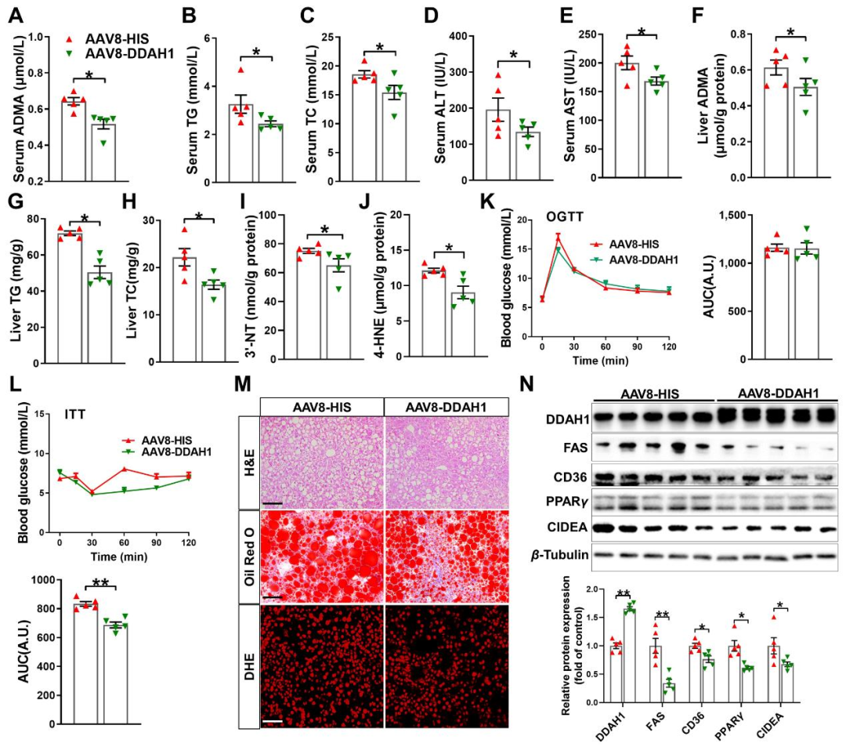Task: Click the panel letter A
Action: (16, 15)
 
